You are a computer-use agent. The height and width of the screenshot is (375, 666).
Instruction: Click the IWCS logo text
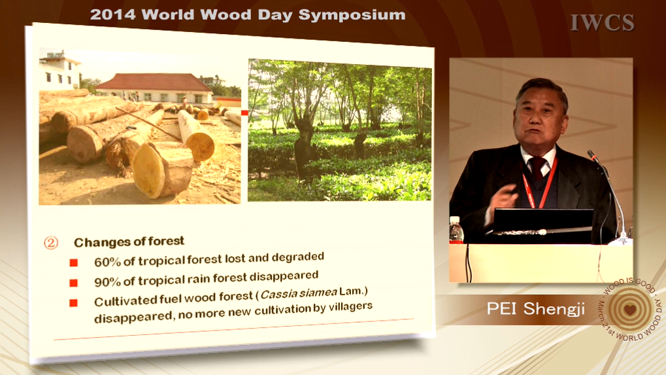(x=602, y=22)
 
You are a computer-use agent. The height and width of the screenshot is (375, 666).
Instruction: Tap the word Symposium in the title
(x=352, y=15)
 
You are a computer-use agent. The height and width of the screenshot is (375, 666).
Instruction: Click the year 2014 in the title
(x=113, y=14)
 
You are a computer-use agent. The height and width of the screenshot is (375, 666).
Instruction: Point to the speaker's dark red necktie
(x=537, y=168)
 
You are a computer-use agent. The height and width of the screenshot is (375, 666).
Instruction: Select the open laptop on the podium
(x=542, y=223)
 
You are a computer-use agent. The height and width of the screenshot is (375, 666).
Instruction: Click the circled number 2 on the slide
(x=51, y=243)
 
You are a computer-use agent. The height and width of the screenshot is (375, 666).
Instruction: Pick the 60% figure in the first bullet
(x=107, y=262)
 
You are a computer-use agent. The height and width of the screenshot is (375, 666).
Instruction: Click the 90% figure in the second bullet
(x=107, y=281)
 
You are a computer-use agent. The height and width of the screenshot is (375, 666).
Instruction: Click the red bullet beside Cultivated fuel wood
(x=73, y=303)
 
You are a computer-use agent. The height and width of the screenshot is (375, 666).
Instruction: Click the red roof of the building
(x=154, y=82)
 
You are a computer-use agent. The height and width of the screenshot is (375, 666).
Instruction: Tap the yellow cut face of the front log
(x=148, y=170)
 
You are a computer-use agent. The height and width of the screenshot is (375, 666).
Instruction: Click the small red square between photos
(x=244, y=113)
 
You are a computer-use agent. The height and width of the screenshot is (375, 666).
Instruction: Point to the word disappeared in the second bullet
(x=284, y=277)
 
